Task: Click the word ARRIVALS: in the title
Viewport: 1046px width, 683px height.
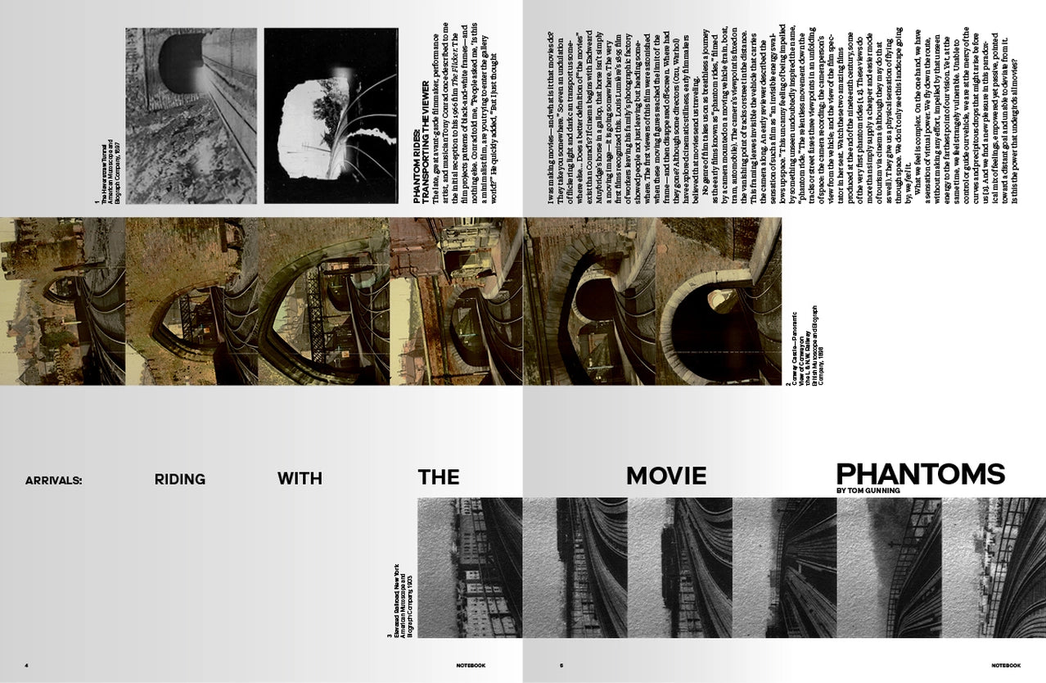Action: [x=54, y=481]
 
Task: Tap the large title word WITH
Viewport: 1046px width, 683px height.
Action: [x=300, y=479]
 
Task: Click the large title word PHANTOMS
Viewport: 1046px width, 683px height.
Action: [x=920, y=474]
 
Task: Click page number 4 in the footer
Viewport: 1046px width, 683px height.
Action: [x=26, y=665]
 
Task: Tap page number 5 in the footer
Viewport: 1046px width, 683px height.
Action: [x=561, y=665]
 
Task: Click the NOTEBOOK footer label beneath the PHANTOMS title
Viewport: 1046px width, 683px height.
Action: [x=1003, y=665]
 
